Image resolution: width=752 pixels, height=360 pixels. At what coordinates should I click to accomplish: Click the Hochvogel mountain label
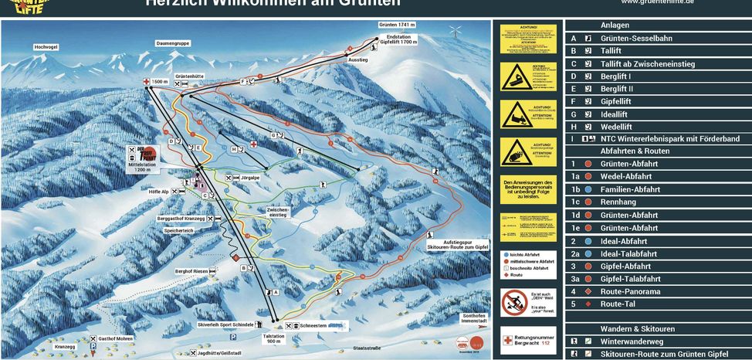click(46, 47)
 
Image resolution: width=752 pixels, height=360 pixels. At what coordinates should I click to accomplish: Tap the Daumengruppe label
click(173, 42)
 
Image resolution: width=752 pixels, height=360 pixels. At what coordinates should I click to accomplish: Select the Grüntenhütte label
click(189, 76)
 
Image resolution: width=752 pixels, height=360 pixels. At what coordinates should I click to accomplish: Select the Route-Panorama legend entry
click(630, 291)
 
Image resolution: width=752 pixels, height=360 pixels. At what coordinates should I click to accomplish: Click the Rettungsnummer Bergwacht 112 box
click(530, 339)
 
